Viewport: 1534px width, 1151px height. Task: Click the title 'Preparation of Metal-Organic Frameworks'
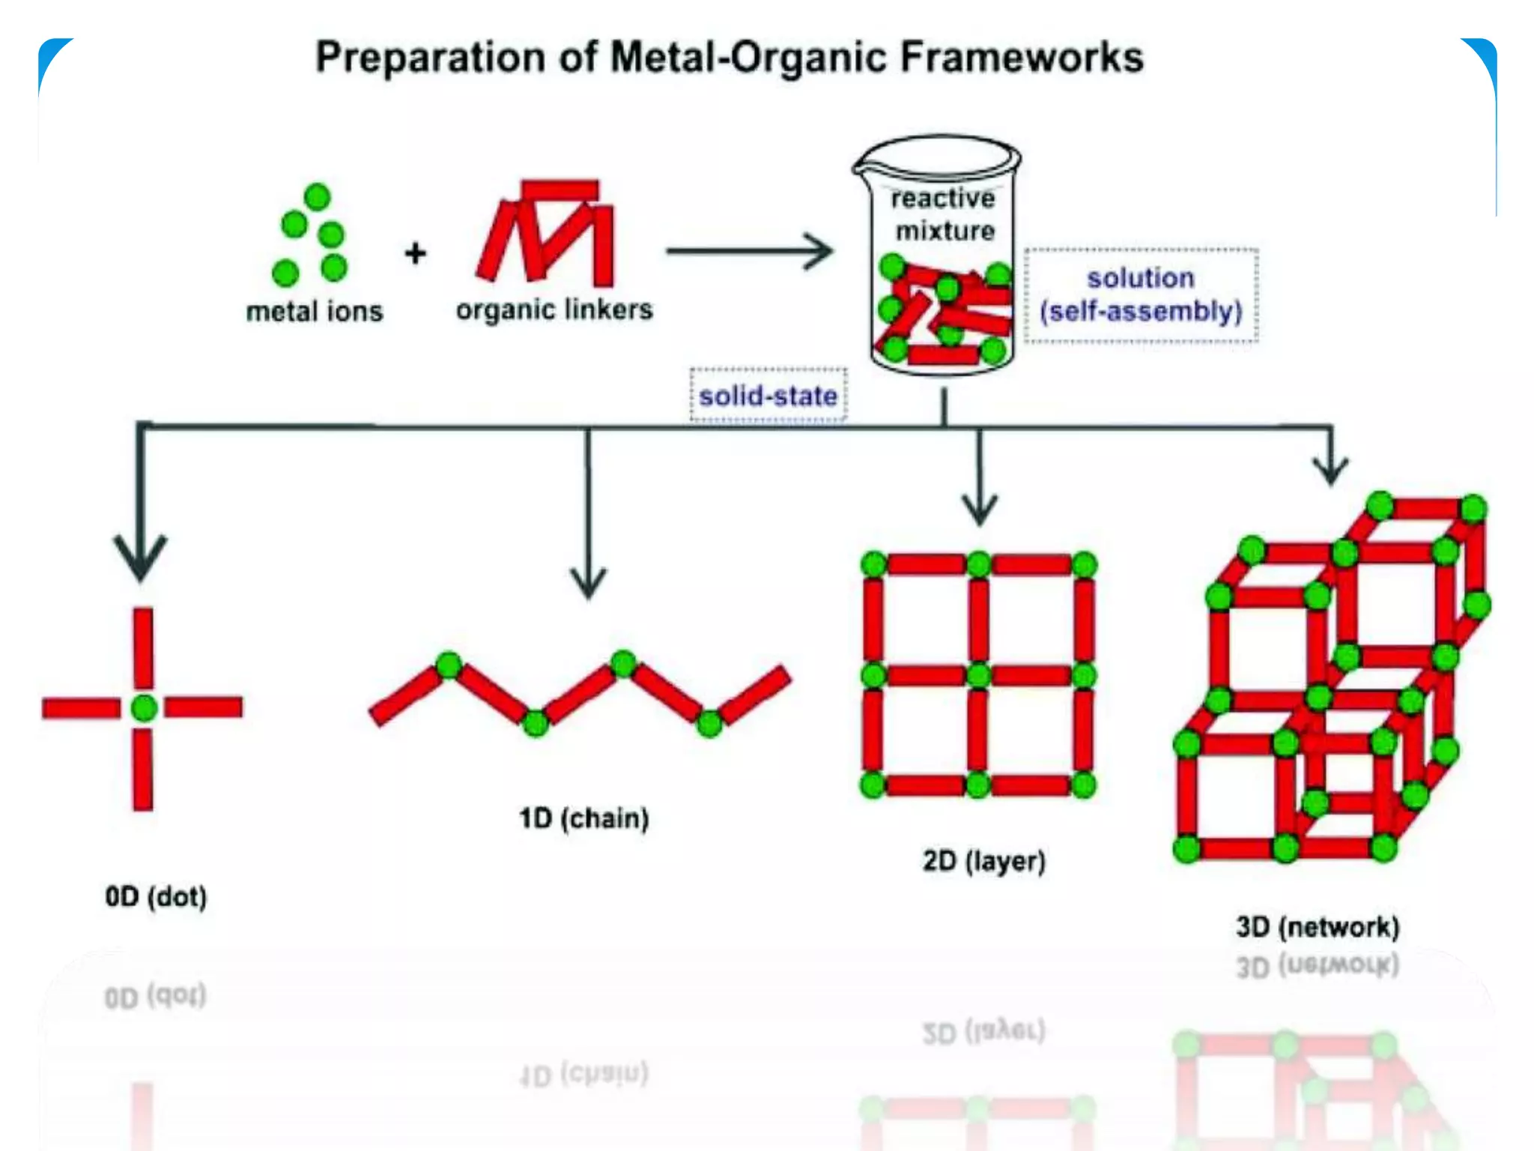(x=729, y=57)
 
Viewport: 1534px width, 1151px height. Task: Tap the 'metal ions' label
(x=315, y=311)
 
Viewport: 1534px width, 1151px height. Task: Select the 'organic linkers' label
(x=554, y=309)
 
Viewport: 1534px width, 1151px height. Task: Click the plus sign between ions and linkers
(x=415, y=253)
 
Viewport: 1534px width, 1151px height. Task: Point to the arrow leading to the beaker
(x=749, y=251)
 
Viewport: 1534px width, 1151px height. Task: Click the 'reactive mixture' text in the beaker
(x=944, y=214)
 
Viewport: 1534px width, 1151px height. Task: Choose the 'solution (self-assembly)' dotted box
(x=1141, y=295)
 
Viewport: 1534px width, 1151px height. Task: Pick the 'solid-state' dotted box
(x=768, y=395)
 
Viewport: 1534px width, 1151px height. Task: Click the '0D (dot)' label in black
(x=156, y=896)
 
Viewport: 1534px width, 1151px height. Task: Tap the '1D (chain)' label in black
(x=583, y=818)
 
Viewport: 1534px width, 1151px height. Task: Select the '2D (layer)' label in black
(x=983, y=860)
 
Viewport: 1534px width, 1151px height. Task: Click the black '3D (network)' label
(x=1318, y=927)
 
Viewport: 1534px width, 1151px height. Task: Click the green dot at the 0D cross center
(x=143, y=707)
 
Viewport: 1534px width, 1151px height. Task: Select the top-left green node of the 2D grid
(x=873, y=564)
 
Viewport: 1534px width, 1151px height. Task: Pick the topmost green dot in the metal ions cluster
(x=318, y=196)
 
